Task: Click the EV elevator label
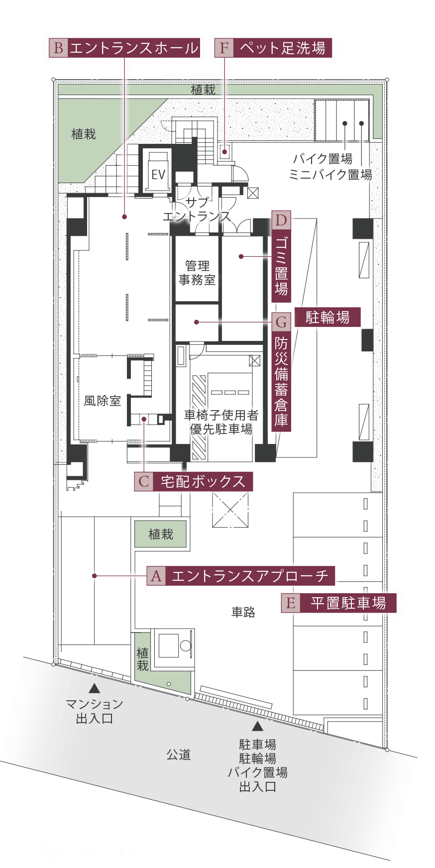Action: point(158,174)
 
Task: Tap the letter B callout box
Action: point(58,48)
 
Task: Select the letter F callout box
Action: point(224,48)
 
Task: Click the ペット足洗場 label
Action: point(282,48)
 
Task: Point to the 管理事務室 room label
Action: point(197,273)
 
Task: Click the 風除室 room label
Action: point(102,401)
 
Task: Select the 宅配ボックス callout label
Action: point(203,482)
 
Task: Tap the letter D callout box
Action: point(281,220)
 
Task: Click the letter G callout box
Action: point(281,322)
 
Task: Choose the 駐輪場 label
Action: point(327,317)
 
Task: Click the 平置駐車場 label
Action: point(348,603)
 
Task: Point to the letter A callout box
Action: point(156,576)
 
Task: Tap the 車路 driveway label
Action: point(243,612)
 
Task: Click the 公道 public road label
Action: point(178,755)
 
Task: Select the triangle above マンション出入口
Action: point(95,689)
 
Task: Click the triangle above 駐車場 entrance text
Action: point(257,726)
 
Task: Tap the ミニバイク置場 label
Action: point(330,175)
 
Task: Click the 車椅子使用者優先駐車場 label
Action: point(221,422)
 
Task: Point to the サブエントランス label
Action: point(197,210)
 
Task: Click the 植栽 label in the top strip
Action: point(203,90)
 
